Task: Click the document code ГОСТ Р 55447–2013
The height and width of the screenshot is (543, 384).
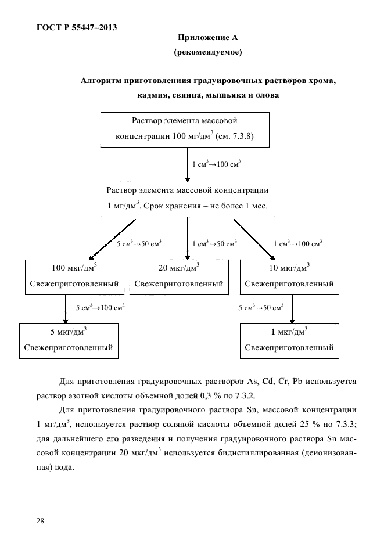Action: tap(77, 27)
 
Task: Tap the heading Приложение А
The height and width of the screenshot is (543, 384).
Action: tap(208, 37)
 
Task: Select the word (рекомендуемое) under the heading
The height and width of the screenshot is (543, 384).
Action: tap(208, 52)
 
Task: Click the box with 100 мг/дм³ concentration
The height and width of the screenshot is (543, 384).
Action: tap(185, 130)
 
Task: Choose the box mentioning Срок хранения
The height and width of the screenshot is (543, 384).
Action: tap(188, 199)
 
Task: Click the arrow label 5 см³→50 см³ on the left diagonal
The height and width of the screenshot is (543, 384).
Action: tap(139, 243)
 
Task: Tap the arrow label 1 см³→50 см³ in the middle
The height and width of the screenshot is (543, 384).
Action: tap(215, 243)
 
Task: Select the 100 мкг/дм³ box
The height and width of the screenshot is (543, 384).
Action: tap(74, 277)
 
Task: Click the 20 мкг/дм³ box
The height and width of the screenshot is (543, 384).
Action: tap(179, 277)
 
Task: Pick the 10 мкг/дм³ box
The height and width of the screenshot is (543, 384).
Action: tap(289, 277)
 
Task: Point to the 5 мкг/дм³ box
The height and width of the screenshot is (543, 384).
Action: tap(69, 341)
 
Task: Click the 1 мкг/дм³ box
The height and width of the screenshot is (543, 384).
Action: tap(289, 341)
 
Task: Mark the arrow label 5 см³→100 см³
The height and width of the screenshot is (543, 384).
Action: tap(100, 307)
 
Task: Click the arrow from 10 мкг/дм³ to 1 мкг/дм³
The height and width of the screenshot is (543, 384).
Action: tap(292, 309)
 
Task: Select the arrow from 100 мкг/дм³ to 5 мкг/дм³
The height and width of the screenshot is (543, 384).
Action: tap(66, 309)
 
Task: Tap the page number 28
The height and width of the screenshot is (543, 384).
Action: tap(40, 521)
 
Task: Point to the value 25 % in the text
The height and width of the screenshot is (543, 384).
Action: tap(309, 424)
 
